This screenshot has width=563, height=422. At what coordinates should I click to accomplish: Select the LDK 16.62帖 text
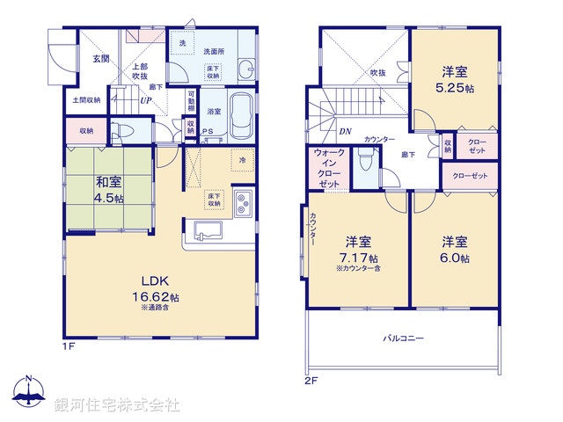pyautogui.click(x=159, y=291)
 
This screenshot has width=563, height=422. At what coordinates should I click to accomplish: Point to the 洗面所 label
pyautogui.click(x=214, y=51)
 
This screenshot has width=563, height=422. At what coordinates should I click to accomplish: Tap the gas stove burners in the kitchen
pyautogui.click(x=243, y=204)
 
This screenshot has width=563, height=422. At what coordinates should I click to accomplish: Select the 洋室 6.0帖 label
pyautogui.click(x=455, y=250)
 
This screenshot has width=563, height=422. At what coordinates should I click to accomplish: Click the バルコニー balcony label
pyautogui.click(x=403, y=338)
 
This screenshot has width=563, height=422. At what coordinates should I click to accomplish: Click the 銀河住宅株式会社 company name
pyautogui.click(x=116, y=405)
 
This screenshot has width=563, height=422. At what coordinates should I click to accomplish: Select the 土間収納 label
pyautogui.click(x=86, y=99)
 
